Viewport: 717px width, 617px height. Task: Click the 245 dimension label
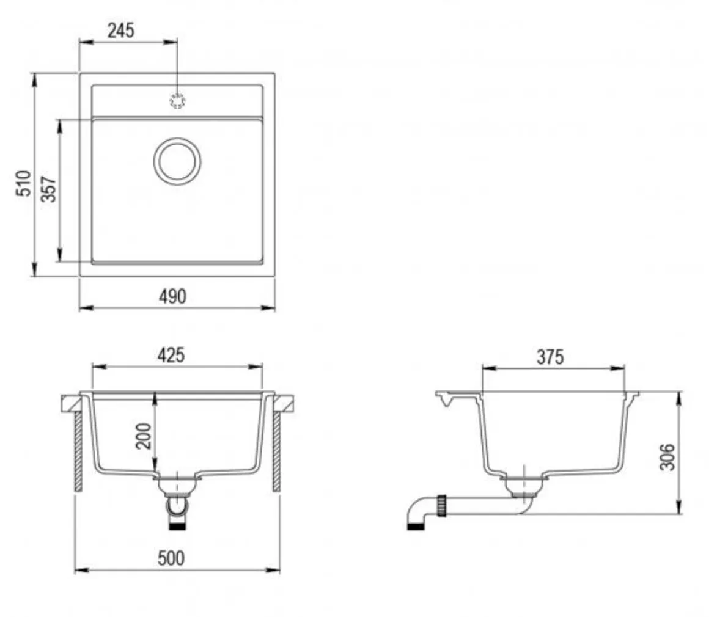pos(121,31)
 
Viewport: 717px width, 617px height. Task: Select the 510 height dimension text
pos(23,183)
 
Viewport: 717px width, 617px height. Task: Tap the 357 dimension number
pos(48,189)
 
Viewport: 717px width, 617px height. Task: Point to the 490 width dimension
pos(172,297)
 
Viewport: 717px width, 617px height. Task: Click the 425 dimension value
pos(171,355)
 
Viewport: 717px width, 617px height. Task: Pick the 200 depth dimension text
pos(144,436)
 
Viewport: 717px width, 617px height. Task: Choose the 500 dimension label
pos(171,558)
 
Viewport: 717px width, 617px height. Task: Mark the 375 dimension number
pos(550,357)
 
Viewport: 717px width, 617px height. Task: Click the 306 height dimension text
pos(668,456)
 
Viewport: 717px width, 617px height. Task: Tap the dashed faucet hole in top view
pos(177,101)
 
